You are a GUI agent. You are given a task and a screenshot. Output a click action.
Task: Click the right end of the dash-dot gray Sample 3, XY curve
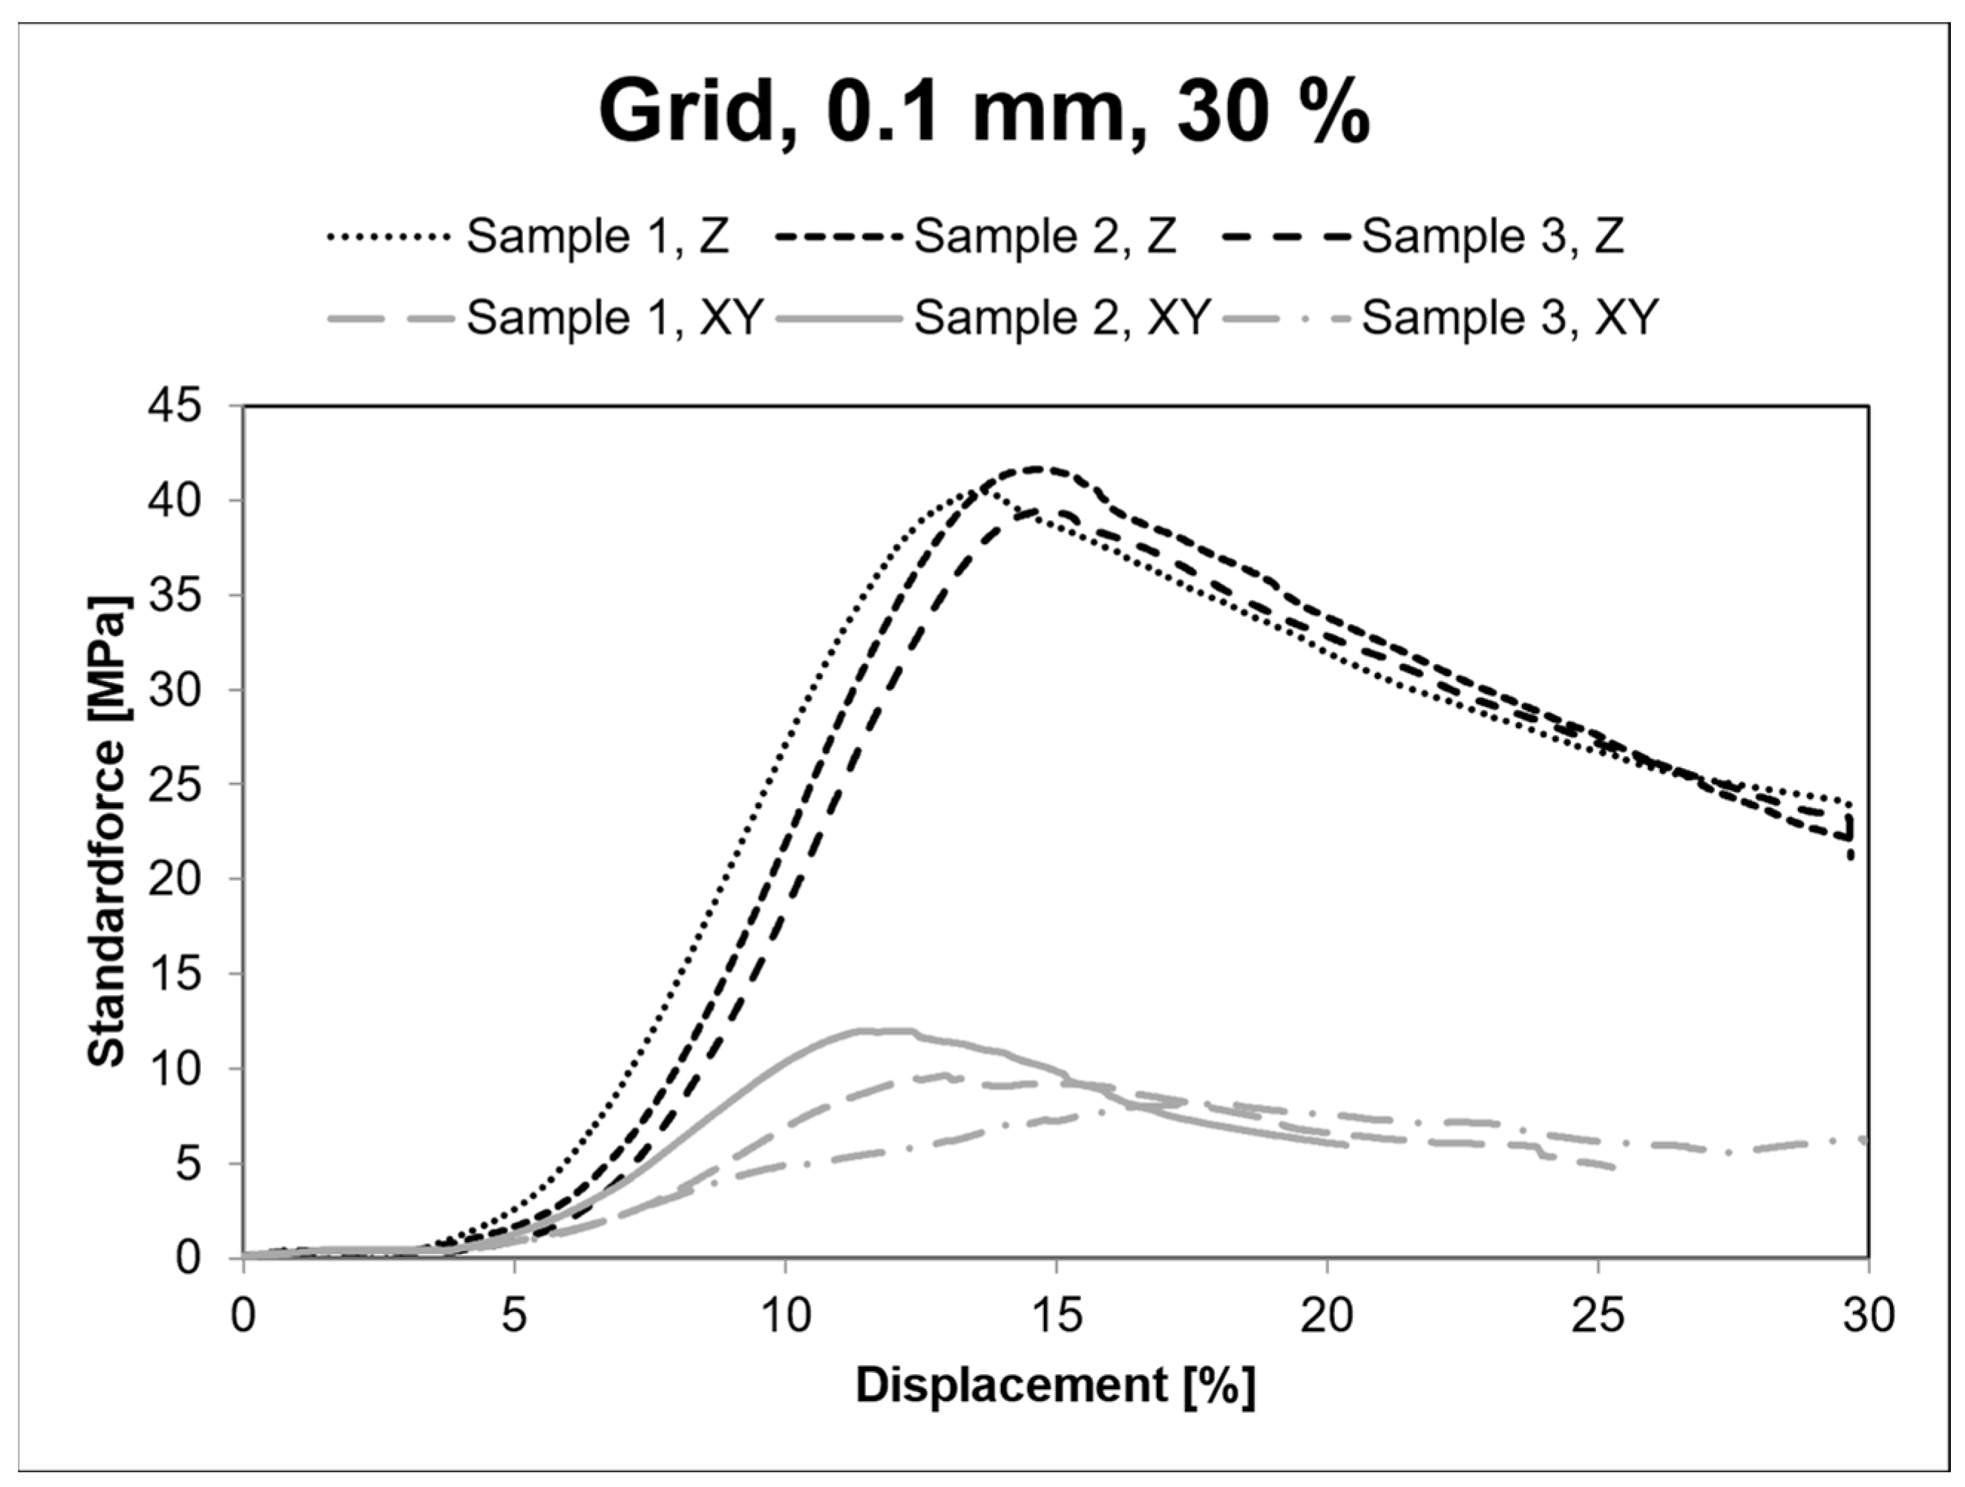(1864, 1140)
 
